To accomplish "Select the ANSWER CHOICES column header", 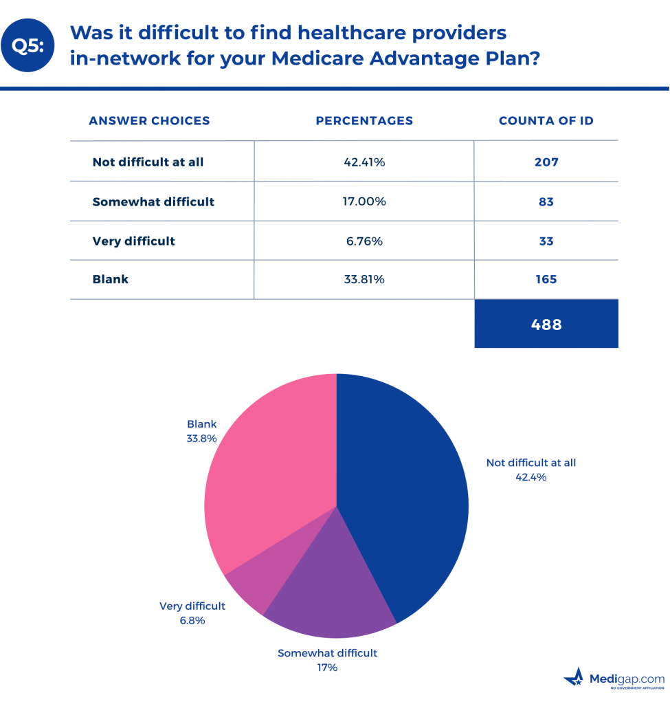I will coord(149,121).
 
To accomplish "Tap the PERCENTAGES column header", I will coord(364,121).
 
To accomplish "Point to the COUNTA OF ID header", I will coord(546,121).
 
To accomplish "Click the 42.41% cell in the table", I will coord(364,163).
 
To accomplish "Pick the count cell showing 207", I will coord(546,163).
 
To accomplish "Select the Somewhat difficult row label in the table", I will coord(153,202).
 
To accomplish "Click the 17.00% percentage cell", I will coord(364,202).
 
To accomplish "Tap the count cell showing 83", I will coord(546,202).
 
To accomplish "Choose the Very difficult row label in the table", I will coord(133,241).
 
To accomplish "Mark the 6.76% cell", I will coord(364,241).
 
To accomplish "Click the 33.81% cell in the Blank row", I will coord(364,280).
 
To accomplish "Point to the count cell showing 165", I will coord(546,280).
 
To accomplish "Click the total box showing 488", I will coord(546,324).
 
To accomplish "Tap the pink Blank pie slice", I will coord(275,467).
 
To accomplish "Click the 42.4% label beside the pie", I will coord(531,477).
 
